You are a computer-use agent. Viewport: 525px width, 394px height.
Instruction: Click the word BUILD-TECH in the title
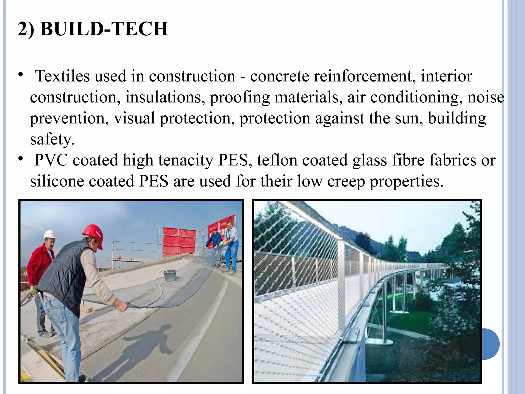(x=104, y=29)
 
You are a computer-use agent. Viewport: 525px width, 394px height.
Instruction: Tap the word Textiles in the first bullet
(x=63, y=76)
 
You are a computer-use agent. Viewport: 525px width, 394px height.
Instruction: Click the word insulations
(x=165, y=97)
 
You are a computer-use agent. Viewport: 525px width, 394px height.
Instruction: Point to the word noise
(x=486, y=97)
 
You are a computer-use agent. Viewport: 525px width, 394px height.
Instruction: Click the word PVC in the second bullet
(x=51, y=160)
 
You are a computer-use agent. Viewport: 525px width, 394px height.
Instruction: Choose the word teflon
(x=277, y=160)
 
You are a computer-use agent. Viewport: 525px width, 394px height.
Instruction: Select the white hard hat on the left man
(x=49, y=234)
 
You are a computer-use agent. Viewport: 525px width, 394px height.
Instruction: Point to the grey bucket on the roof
(x=170, y=275)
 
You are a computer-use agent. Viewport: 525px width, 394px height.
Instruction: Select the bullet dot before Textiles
(x=21, y=76)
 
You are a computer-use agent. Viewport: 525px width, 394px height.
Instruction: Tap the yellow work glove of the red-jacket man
(x=33, y=290)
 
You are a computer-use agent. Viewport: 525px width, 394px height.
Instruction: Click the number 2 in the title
(x=23, y=29)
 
